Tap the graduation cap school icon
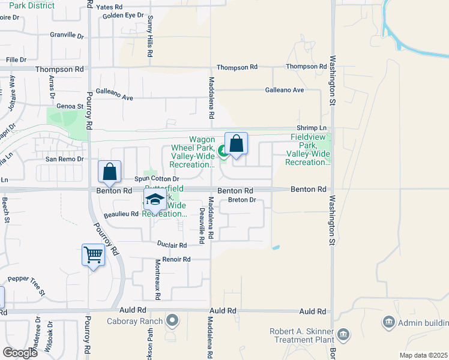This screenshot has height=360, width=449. tap(155, 200)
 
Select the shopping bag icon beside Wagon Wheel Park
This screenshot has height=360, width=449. tap(237, 143)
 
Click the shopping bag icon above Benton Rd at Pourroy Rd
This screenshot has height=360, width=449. tap(110, 172)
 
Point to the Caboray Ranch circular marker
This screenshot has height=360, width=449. tap(172, 320)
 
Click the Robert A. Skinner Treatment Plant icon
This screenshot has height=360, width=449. tap(343, 334)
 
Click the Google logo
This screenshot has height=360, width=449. tap(20, 352)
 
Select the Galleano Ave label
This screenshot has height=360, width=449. tap(285, 90)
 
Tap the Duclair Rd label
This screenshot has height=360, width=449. tap(172, 245)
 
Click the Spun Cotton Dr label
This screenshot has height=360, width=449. tap(157, 179)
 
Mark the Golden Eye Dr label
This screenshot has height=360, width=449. tap(123, 15)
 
